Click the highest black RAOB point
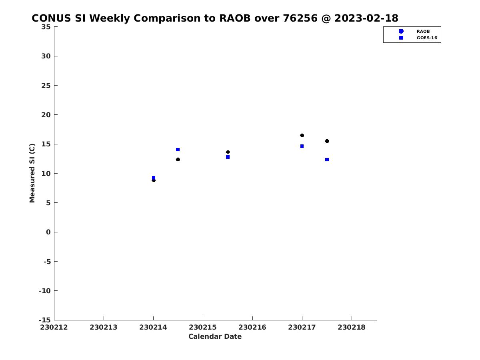coord(302,136)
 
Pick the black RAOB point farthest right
coord(327,141)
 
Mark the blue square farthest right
coord(327,160)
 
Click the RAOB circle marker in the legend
coord(401,31)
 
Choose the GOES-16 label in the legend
coord(427,38)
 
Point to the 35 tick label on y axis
coord(46,27)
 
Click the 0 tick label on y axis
coord(48,232)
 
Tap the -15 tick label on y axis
coord(45,320)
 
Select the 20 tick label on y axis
coord(46,115)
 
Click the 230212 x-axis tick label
coord(54,327)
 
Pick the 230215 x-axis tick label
coord(203,327)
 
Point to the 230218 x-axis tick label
coord(352,327)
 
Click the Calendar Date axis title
coord(215,336)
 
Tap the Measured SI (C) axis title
coord(32,173)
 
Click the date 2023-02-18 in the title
coord(366,18)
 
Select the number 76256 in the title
coord(300,18)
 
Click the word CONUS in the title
coord(51,18)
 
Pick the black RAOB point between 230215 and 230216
coord(228,152)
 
